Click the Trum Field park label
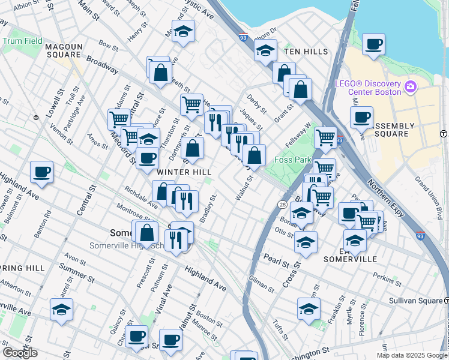click(x=22, y=41)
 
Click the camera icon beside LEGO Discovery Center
click(x=411, y=87)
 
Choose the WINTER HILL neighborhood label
click(x=184, y=172)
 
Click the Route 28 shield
click(x=282, y=205)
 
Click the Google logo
click(x=20, y=352)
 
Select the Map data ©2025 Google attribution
click(x=411, y=355)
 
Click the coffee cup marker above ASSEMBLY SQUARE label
click(x=361, y=117)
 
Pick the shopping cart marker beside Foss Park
click(x=325, y=137)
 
